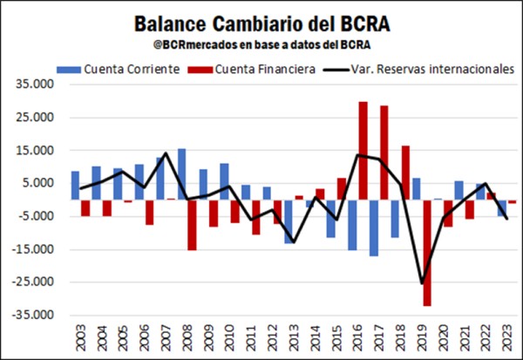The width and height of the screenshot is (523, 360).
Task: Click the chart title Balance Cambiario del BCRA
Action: point(261,21)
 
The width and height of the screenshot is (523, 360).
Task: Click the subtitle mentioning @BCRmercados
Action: point(261,44)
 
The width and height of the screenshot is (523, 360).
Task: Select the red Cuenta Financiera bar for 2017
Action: point(384,153)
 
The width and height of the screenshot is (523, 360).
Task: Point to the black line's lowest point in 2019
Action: point(422,283)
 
